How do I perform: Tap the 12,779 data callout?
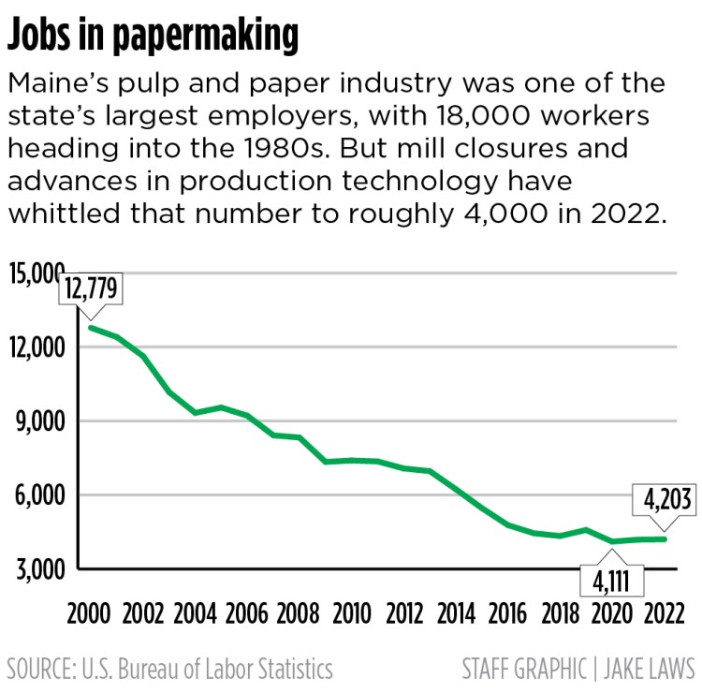click(91, 289)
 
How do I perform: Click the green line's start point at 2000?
click(91, 327)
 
